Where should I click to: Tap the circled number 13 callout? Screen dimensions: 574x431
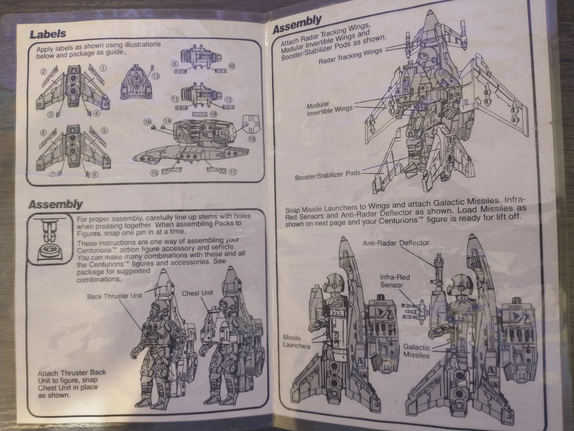pyautogui.click(x=156, y=76)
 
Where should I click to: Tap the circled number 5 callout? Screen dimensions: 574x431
pyautogui.click(x=104, y=131)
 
